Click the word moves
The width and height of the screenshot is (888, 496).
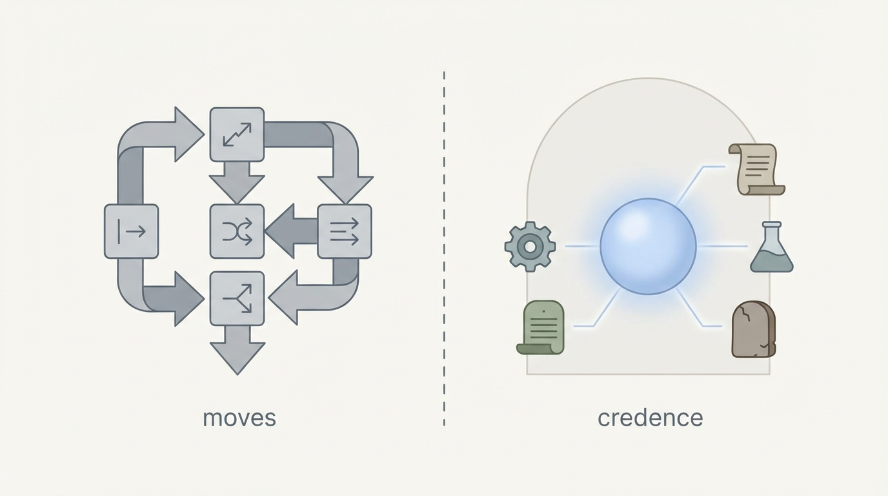(239, 418)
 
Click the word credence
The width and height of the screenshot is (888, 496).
(650, 418)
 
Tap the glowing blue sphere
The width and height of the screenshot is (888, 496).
(648, 246)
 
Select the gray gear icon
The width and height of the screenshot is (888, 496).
(530, 246)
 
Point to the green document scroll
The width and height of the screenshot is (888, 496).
(541, 328)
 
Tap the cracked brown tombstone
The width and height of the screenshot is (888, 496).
(753, 329)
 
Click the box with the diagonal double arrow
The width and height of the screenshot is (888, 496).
(237, 134)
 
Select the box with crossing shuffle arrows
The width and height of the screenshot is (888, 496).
(237, 231)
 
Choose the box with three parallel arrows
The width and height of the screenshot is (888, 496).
(345, 231)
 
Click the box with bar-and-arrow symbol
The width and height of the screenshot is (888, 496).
(131, 231)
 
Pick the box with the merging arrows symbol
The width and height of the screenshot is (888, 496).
(237, 298)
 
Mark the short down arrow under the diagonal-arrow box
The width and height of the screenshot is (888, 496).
(237, 181)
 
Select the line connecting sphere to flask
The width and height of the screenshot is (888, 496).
(722, 246)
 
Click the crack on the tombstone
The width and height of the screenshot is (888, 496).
(747, 316)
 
